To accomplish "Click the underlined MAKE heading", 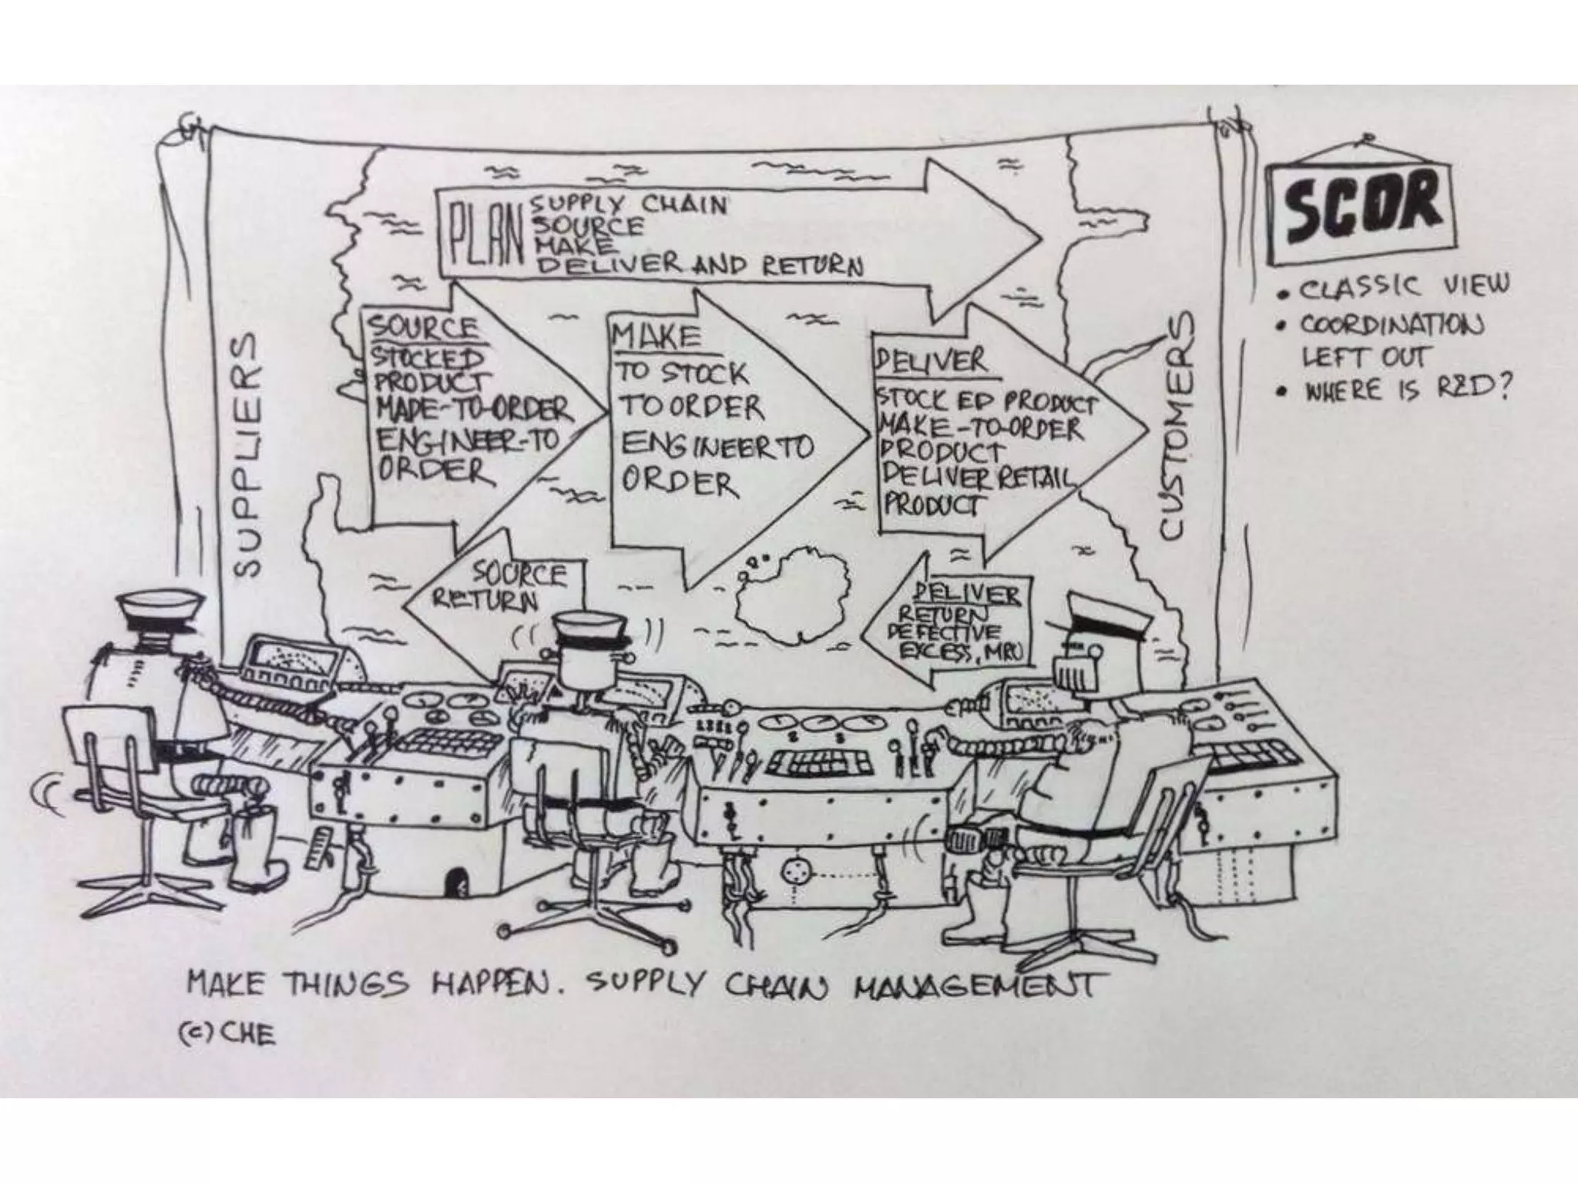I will click(x=655, y=336).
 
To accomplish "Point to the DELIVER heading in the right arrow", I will click(x=929, y=361).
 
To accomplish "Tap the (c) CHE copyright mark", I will click(x=227, y=1034).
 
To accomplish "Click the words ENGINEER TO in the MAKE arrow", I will click(x=717, y=446).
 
